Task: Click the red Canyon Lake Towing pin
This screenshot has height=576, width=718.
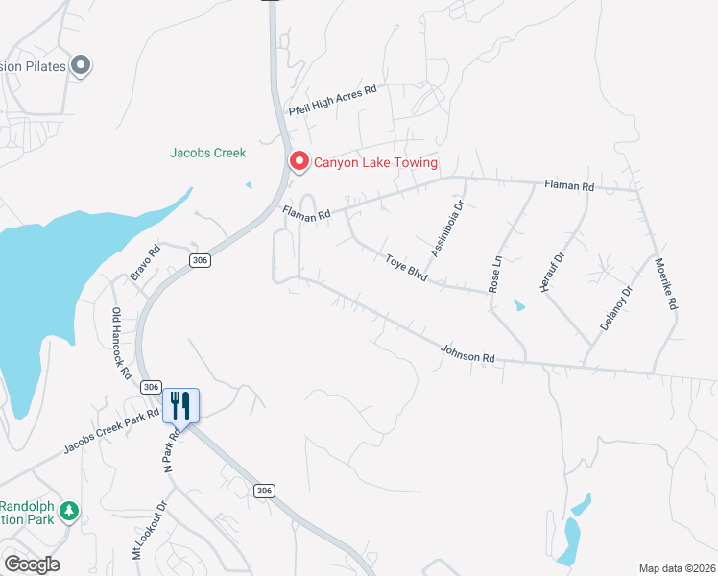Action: point(299,162)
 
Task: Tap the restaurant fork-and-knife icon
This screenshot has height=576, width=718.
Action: point(180,405)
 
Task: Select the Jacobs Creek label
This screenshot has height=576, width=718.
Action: point(208,153)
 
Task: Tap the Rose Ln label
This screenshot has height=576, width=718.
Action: point(496,275)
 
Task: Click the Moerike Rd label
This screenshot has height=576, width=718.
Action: point(666,283)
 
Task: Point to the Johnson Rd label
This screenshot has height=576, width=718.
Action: point(467,354)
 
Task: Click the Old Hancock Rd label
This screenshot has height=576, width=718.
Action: point(120,344)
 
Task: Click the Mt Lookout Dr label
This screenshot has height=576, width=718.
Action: point(150,529)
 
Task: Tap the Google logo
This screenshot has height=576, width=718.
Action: point(32,564)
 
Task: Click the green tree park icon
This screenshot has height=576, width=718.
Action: point(68,511)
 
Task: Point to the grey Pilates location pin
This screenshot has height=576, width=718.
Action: point(81,65)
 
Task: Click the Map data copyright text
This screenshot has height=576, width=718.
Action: point(677,568)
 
